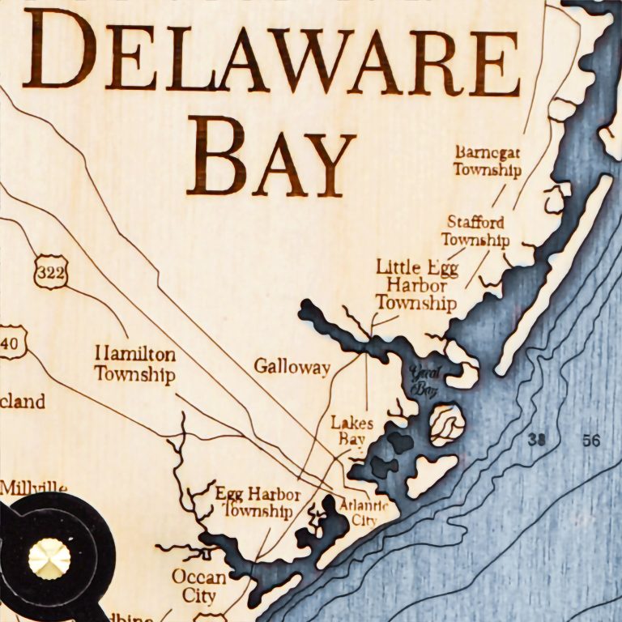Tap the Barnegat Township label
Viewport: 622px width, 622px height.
coord(487,161)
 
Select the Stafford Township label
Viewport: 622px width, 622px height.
coord(475,231)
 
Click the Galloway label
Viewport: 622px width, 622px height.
coord(292,367)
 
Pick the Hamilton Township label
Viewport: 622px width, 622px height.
coord(134,364)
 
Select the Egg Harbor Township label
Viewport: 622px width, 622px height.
coord(258,502)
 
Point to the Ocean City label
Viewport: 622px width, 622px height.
coord(198,586)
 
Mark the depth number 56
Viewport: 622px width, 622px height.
coord(591,441)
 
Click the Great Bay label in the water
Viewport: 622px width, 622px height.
coord(423,382)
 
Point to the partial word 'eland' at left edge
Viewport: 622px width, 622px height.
coord(22,401)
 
